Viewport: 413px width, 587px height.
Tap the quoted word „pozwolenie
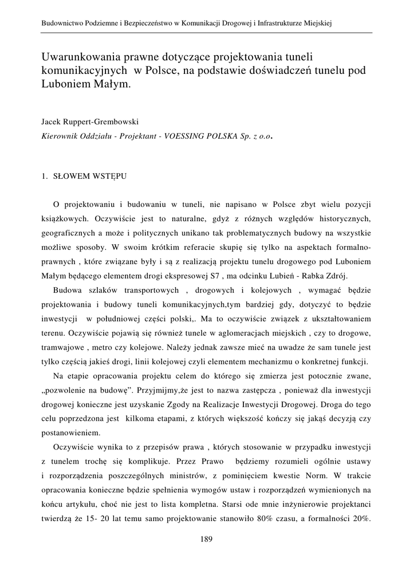click(68, 390)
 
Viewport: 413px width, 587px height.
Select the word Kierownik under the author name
click(60, 136)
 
